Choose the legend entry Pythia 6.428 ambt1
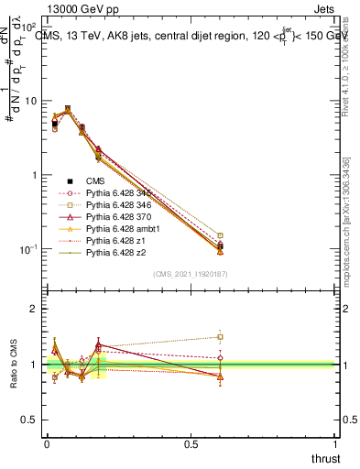[x=114, y=229]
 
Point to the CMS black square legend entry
[x=71, y=181]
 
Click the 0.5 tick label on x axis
[x=191, y=442]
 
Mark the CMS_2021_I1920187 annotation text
[x=191, y=273]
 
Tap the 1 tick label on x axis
[x=335, y=442]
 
